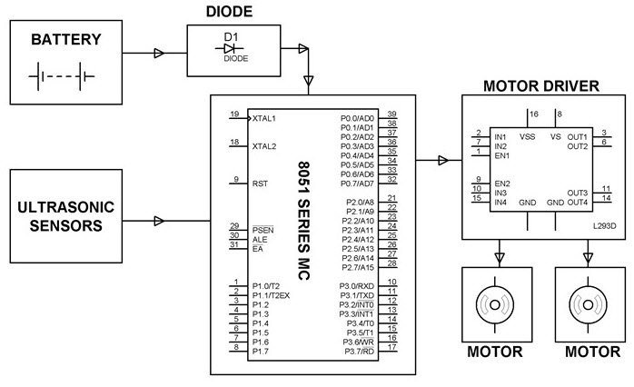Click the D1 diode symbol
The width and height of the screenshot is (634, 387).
230,46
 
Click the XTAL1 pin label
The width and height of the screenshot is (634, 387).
264,118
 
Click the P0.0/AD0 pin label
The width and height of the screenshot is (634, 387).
357,118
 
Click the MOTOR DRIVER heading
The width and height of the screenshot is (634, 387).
542,86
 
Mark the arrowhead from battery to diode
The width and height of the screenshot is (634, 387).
161,54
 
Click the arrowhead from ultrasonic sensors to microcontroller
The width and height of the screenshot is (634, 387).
161,220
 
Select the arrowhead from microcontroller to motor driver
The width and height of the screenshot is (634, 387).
442,161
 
